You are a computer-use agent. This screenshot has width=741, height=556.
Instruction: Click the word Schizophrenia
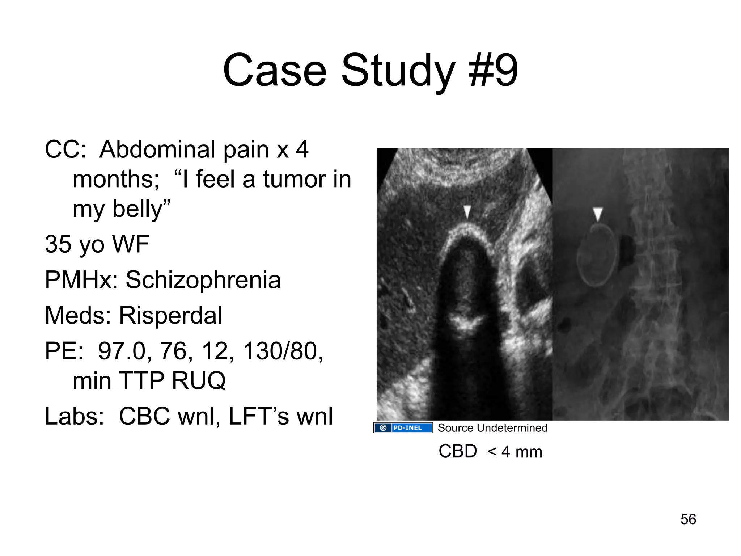click(x=203, y=280)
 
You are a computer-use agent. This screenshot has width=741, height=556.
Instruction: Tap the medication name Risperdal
click(x=170, y=315)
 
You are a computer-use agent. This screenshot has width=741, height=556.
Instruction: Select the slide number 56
click(x=688, y=519)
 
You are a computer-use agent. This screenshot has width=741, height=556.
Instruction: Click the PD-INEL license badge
click(x=403, y=428)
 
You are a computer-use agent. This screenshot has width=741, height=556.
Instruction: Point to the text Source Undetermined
click(x=492, y=428)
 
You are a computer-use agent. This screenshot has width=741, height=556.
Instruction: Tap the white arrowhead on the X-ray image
click(x=598, y=214)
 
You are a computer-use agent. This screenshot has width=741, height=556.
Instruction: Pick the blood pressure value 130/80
click(x=283, y=351)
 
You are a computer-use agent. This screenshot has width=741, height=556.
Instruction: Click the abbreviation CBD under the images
click(x=458, y=451)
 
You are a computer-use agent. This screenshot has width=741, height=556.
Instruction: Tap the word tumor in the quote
click(x=288, y=179)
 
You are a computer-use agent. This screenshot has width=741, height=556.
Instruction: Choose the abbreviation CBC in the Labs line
click(x=144, y=416)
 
